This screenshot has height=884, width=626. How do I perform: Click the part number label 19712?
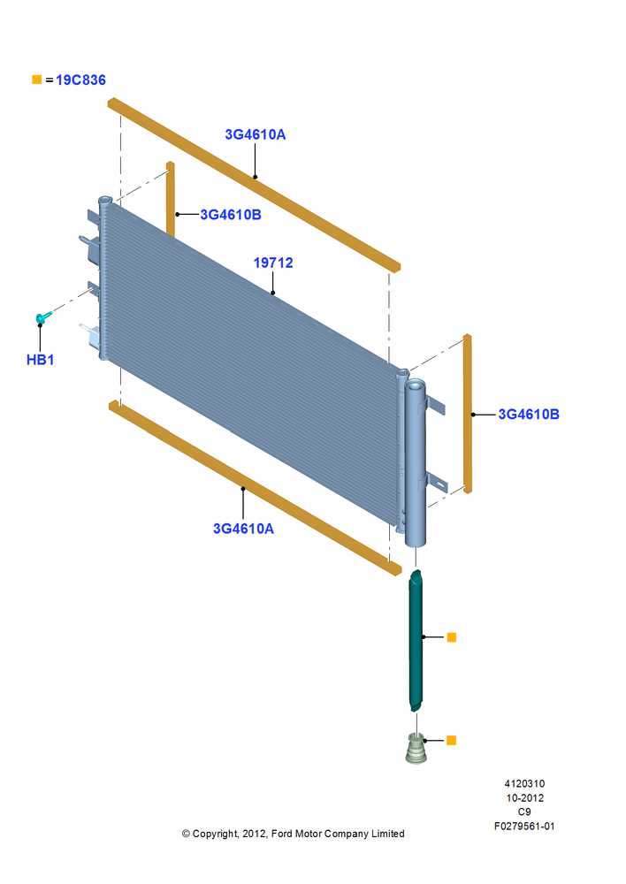coord(273,263)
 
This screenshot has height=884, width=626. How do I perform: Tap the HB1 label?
coord(40,360)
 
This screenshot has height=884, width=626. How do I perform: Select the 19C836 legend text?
coord(80,80)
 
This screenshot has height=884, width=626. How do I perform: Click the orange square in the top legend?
coord(36,80)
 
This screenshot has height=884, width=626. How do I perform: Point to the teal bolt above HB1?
coord(42,316)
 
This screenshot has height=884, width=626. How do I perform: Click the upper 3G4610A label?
coord(255,134)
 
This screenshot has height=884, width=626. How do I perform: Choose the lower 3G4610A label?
coord(243,529)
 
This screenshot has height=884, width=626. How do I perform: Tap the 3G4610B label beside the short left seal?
coord(231,215)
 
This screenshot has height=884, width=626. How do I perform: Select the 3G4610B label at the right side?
coord(529,415)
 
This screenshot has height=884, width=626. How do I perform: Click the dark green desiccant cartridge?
coord(416,640)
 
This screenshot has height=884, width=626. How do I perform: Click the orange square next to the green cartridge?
coord(451,637)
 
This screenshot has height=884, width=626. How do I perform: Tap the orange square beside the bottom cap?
coord(451,740)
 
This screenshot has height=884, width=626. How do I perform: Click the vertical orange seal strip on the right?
coord(468,414)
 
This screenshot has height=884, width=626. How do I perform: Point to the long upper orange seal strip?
coord(254,185)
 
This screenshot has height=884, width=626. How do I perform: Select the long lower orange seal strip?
coord(255,488)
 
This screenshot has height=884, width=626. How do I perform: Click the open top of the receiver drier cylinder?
coord(415,385)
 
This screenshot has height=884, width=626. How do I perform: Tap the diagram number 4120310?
coord(524,783)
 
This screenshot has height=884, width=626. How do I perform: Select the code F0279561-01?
coord(524,827)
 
